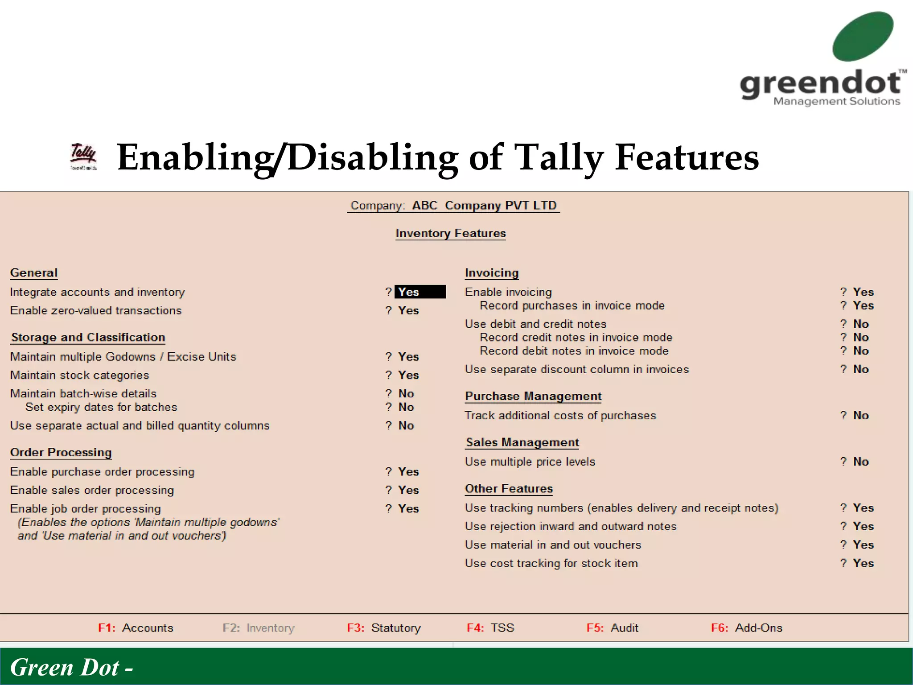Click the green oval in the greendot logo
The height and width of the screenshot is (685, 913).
pyautogui.click(x=863, y=37)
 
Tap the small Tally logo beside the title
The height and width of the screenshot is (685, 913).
pyautogui.click(x=83, y=157)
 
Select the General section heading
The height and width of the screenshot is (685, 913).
pyautogui.click(x=34, y=272)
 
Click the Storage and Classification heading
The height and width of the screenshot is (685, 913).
pyautogui.click(x=88, y=337)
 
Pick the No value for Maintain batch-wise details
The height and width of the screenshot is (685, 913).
pyautogui.click(x=406, y=393)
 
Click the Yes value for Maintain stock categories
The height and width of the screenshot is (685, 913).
pyautogui.click(x=408, y=375)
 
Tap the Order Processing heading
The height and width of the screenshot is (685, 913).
pyautogui.click(x=61, y=452)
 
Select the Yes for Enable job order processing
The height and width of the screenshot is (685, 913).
pyautogui.click(x=408, y=508)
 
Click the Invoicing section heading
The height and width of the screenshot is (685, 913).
pyautogui.click(x=492, y=272)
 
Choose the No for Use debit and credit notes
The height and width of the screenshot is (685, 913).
pyautogui.click(x=861, y=324)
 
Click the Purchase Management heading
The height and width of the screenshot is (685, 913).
pyautogui.click(x=533, y=396)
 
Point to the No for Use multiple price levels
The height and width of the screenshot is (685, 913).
pyautogui.click(x=861, y=462)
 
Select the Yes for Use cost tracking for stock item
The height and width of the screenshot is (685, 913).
pyautogui.click(x=863, y=563)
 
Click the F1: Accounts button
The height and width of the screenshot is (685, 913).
pyautogui.click(x=136, y=628)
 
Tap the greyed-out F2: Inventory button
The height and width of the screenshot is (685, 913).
pyautogui.click(x=259, y=628)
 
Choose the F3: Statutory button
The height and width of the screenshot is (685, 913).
pyautogui.click(x=384, y=628)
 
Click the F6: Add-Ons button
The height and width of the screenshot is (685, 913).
pyautogui.click(x=747, y=628)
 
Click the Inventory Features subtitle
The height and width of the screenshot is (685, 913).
pyautogui.click(x=451, y=233)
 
